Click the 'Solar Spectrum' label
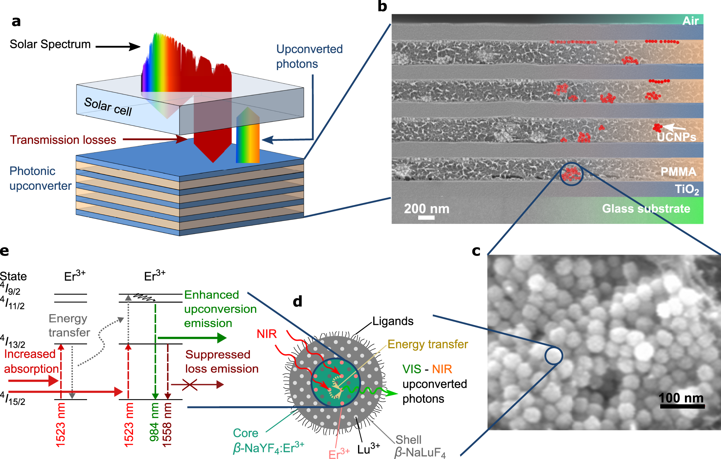(50, 44)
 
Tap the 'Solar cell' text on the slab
(108, 107)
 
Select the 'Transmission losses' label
(63, 140)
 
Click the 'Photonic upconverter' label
(40, 178)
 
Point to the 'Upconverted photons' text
(309, 56)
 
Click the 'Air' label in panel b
(690, 21)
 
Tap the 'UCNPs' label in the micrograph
(676, 137)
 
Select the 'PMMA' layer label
(678, 172)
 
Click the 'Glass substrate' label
(646, 209)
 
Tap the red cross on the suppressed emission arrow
(189, 385)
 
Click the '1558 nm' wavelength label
(167, 424)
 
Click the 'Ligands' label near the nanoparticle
(393, 321)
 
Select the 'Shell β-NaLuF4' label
(420, 446)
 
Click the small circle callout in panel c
(553, 356)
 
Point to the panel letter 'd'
(298, 301)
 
